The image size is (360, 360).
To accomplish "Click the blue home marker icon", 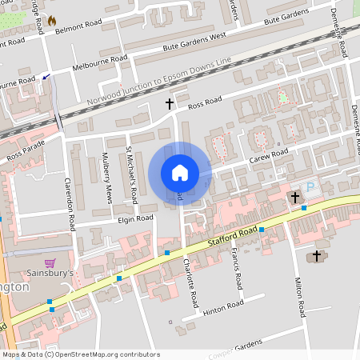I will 180,173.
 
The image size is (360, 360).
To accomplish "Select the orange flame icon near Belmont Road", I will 52,20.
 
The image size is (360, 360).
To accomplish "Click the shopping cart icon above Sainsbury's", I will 50,262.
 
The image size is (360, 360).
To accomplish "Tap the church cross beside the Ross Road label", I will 169,103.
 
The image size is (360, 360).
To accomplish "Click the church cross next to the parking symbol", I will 295,196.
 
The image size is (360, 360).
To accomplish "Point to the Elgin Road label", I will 134,218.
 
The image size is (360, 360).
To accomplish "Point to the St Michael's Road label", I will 134,174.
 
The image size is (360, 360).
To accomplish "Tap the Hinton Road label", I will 223,307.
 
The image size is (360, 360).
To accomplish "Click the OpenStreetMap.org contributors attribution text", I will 109,354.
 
